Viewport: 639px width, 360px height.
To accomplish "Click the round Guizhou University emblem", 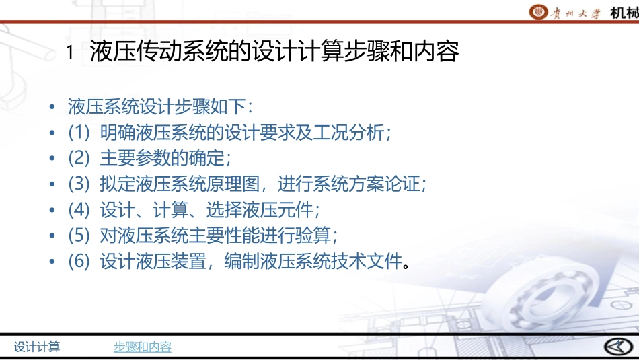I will click(x=539, y=12).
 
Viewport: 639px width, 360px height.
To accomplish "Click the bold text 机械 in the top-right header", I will click(x=624, y=13).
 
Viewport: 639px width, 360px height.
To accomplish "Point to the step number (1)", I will click(x=79, y=133).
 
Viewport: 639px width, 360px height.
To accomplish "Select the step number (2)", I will click(x=79, y=159).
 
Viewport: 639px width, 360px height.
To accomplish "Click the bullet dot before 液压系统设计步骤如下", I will click(x=52, y=108).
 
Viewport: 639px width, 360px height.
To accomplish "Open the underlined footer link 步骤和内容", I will click(x=142, y=347).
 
